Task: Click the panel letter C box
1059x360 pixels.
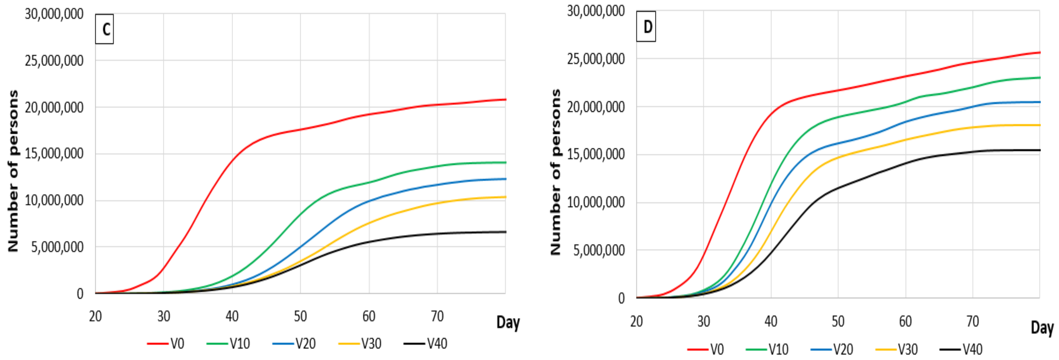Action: click(104, 29)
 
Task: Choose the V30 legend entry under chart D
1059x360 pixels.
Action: click(897, 350)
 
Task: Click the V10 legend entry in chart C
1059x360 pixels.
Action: click(229, 344)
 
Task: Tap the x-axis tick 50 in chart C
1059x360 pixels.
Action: click(300, 316)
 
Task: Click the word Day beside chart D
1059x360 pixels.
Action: click(1042, 328)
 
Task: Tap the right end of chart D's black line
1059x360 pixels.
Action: click(1039, 150)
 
